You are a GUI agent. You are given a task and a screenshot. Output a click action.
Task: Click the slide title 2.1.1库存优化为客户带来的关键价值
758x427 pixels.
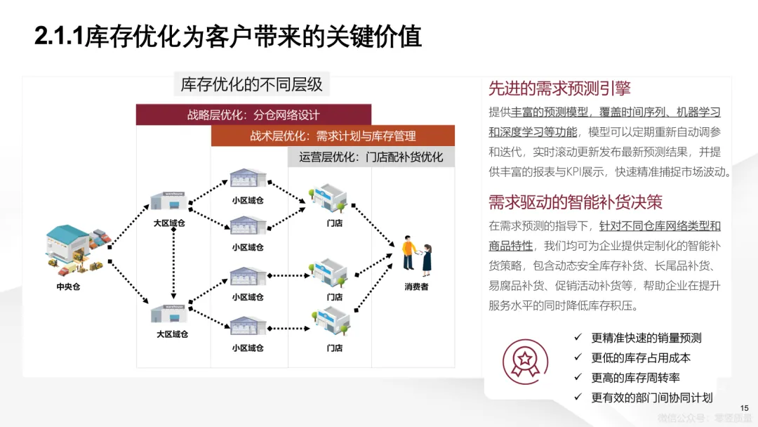coord(228,37)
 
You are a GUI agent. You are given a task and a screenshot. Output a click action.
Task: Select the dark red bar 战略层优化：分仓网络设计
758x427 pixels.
coord(253,115)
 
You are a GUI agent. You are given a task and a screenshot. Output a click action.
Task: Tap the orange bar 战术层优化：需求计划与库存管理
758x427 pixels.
coord(333,136)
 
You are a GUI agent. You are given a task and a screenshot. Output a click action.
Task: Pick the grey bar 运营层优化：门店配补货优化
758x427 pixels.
coord(371,157)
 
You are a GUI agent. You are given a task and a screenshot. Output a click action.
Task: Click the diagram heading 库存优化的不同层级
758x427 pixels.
coord(252,85)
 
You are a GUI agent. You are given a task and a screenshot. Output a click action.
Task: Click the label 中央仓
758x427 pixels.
coord(69,287)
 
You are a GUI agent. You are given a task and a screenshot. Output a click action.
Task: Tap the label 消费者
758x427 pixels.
coord(416,287)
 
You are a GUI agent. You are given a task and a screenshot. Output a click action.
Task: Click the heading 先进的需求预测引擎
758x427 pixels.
coord(559,88)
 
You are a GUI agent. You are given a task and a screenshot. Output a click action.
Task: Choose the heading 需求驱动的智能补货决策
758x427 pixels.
coord(576,202)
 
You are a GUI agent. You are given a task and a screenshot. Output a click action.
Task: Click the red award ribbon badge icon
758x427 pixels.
coord(524,362)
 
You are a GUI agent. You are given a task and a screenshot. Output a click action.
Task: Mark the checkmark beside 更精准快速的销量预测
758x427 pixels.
coord(578,337)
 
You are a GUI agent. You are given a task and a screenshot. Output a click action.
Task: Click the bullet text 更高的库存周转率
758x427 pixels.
coord(635,377)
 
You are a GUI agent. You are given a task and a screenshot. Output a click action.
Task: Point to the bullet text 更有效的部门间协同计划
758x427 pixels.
coord(651,398)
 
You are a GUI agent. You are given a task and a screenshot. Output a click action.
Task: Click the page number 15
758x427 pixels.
coord(745,408)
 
